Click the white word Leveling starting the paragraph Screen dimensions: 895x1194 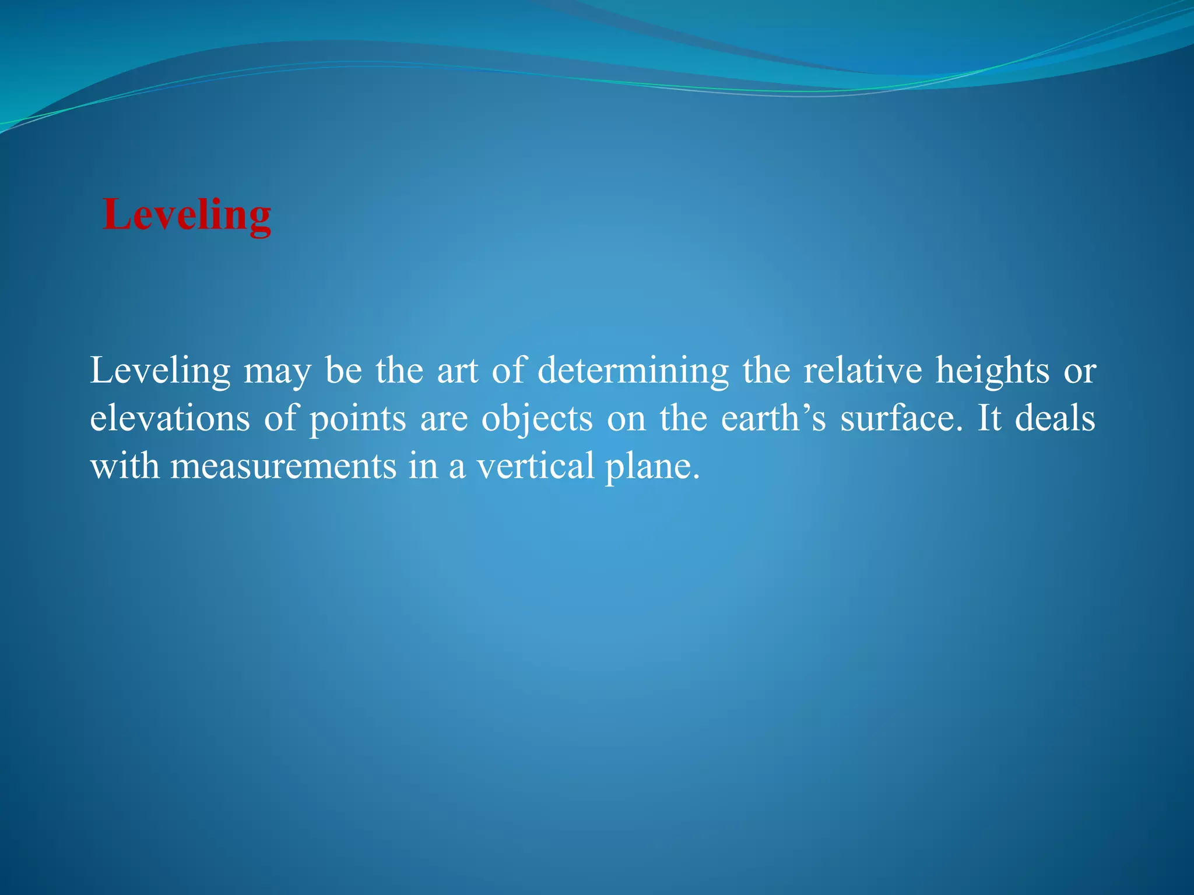click(x=160, y=371)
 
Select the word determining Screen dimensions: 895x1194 click(x=633, y=371)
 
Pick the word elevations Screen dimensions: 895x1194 click(x=170, y=419)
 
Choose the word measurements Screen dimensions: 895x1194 click(x=283, y=467)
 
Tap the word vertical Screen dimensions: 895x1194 click(x=535, y=467)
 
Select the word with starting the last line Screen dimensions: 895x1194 click(x=124, y=467)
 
